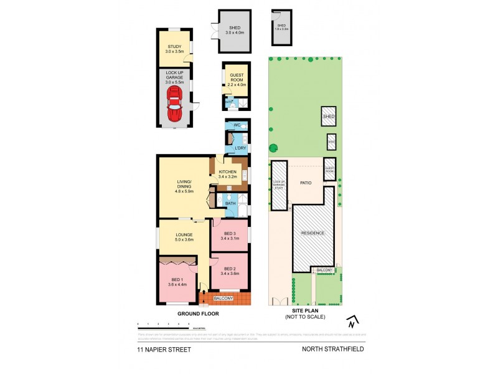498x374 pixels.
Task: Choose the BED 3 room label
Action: (230, 235)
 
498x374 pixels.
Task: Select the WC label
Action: (237, 125)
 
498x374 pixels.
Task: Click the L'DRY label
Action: (240, 148)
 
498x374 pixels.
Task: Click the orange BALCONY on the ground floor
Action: (225, 299)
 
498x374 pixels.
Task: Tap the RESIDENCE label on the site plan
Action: (313, 233)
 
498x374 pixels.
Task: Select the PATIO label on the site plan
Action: (306, 183)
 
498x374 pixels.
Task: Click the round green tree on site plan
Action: (273, 148)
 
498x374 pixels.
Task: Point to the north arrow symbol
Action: (352, 322)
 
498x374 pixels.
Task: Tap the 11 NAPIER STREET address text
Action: (164, 350)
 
